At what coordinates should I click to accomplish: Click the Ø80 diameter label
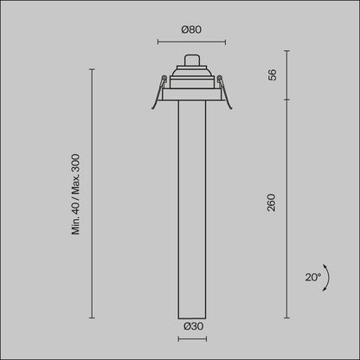190,29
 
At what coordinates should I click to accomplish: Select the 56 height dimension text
272,75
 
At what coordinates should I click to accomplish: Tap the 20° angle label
312,278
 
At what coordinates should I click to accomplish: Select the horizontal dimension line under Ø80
190,41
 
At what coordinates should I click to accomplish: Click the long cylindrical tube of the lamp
190,208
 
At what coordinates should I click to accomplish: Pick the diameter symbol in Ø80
184,29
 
